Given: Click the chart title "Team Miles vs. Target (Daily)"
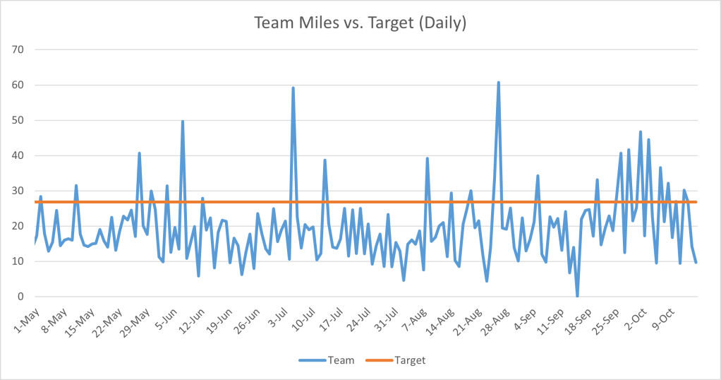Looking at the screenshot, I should [360, 23].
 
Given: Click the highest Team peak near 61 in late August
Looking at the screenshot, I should [498, 83].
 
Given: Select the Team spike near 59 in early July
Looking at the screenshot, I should [293, 88].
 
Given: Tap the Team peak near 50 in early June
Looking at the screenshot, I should [183, 121].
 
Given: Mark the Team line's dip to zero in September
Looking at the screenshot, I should [577, 296].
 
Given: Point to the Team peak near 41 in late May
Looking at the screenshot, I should [140, 153].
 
